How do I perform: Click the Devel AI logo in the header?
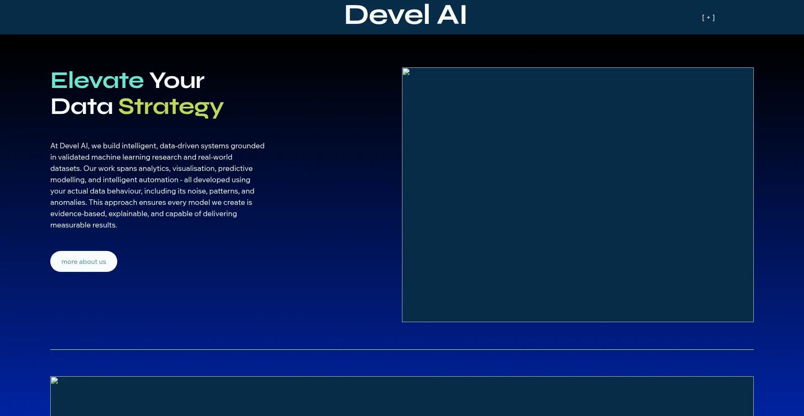pyautogui.click(x=405, y=15)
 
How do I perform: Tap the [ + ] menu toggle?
pyautogui.click(x=709, y=18)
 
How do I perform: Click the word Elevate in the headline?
pyautogui.click(x=97, y=80)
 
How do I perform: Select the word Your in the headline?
pyautogui.click(x=177, y=80)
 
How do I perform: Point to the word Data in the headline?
pyautogui.click(x=82, y=106)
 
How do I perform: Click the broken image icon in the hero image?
pyautogui.click(x=406, y=72)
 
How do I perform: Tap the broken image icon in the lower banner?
pyautogui.click(x=54, y=380)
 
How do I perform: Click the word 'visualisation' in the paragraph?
pyautogui.click(x=194, y=168)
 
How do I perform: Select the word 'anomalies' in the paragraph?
pyautogui.click(x=68, y=202)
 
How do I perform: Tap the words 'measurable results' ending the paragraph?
pyautogui.click(x=84, y=225)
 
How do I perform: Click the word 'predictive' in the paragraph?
pyautogui.click(x=235, y=168)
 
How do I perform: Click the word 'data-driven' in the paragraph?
pyautogui.click(x=179, y=146)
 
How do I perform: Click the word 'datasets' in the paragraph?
pyautogui.click(x=66, y=168)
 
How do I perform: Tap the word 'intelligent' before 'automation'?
pyautogui.click(x=120, y=180)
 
